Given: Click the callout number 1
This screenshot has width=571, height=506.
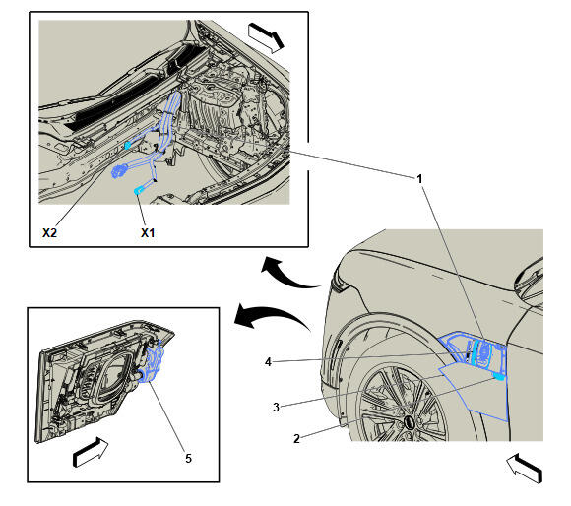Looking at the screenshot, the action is [x=419, y=179].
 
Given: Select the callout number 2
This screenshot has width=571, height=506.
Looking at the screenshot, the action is [x=296, y=439].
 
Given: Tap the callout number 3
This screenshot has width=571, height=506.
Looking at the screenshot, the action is [x=276, y=407].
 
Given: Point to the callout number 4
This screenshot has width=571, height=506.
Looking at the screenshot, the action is [x=268, y=362].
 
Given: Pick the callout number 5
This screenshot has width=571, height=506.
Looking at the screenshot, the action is [x=188, y=459].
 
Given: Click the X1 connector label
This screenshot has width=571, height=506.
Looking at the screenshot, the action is [x=148, y=233].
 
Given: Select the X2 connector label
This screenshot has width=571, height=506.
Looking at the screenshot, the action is [x=49, y=233].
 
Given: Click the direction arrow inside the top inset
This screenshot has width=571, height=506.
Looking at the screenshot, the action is [x=266, y=37].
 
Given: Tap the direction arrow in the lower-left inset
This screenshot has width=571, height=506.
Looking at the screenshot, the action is [x=91, y=452].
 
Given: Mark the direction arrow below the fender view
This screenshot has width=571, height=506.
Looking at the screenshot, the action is [x=525, y=469].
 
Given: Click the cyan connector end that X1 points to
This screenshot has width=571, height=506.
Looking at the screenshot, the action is [x=139, y=190].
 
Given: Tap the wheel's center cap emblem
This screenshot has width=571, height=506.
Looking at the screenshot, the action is [x=410, y=422].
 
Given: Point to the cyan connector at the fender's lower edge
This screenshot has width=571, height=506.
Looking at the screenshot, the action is [x=499, y=376].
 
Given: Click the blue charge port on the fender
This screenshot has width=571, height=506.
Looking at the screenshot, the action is [x=481, y=352].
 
